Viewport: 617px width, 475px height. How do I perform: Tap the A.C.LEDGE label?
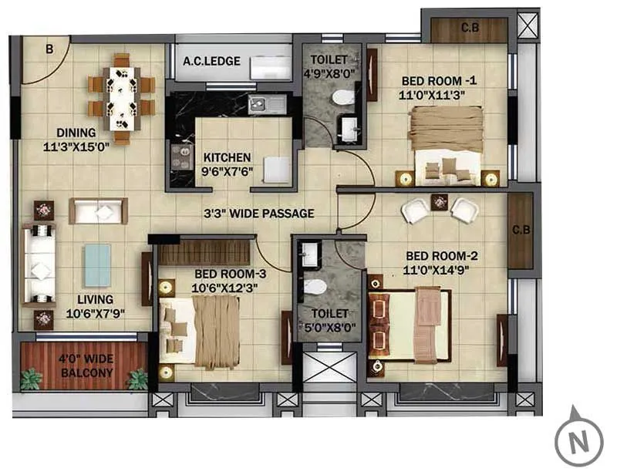click(211, 61)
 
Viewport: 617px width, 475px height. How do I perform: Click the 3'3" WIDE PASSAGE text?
click(258, 213)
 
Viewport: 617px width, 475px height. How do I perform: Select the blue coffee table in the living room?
click(97, 265)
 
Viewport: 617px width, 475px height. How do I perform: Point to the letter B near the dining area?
click(49, 49)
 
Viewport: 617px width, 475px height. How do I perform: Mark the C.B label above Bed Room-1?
click(470, 29)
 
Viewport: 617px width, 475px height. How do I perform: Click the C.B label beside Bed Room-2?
click(521, 230)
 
